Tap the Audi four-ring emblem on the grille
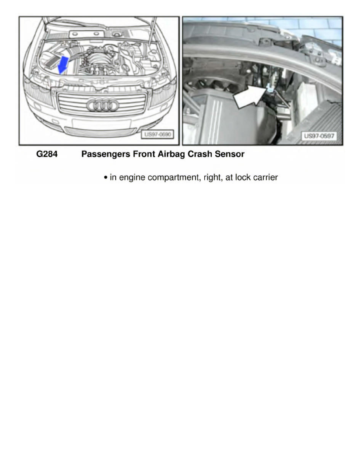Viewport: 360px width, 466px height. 103,105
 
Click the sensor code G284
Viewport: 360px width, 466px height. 47,154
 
